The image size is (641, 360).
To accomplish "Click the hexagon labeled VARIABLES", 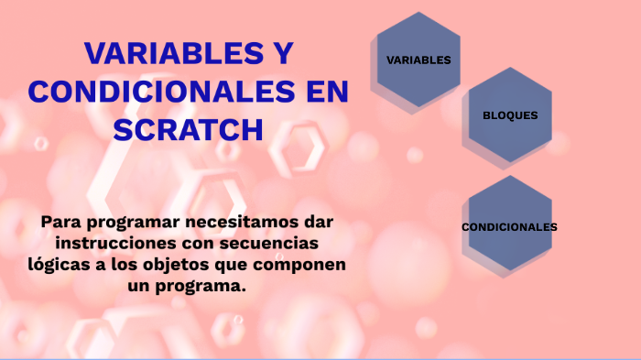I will (418, 60).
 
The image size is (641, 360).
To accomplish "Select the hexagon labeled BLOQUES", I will (510, 115).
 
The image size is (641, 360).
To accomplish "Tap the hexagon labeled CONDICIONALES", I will (509, 226).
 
